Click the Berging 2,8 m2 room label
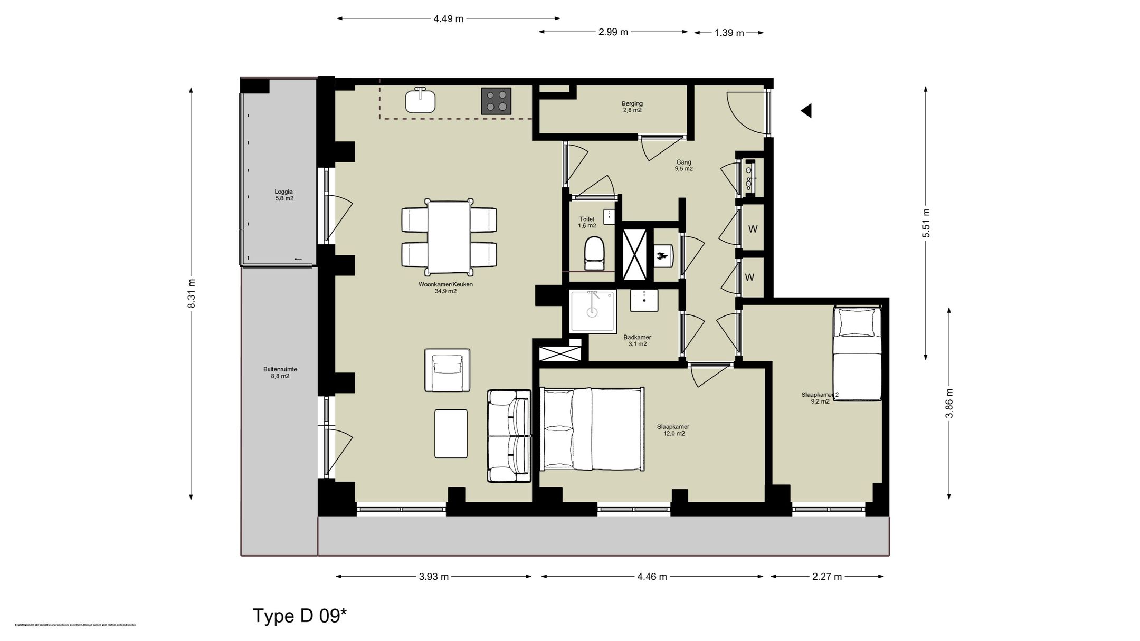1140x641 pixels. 632,107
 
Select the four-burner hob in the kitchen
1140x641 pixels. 496,101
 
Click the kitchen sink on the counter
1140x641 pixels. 420,100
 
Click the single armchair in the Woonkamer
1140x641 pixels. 447,370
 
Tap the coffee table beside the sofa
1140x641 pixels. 451,434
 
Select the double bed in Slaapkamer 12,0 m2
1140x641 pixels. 592,428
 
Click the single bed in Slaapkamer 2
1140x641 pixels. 857,353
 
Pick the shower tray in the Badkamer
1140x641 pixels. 593,311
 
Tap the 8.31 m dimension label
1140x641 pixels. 192,293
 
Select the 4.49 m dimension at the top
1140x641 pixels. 448,19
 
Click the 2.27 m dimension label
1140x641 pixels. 827,577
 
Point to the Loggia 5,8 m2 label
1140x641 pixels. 283,195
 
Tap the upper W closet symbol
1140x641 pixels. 753,229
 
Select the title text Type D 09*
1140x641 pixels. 299,616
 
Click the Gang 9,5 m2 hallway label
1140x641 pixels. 683,166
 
